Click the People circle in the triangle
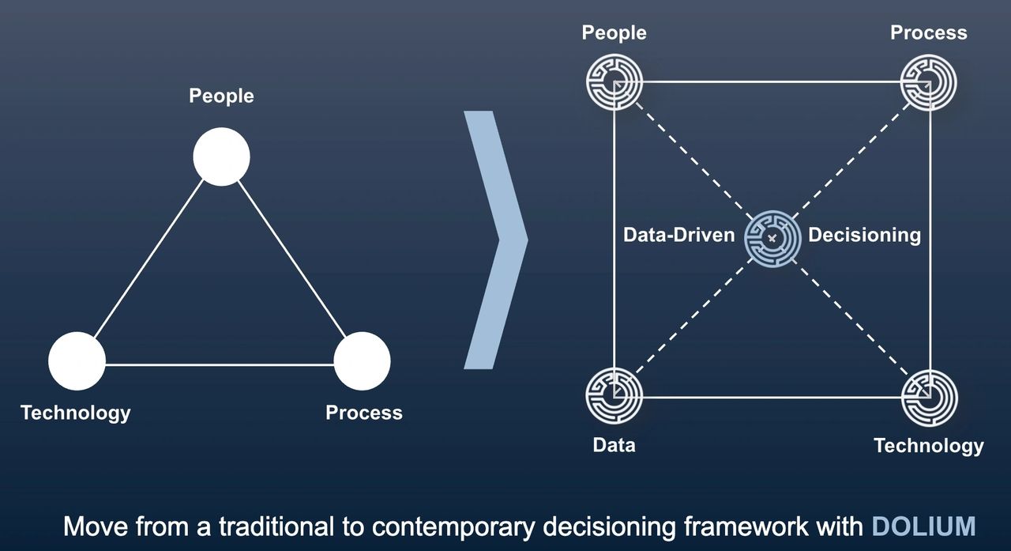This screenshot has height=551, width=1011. point(222,157)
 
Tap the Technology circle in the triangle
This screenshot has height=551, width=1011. point(77,361)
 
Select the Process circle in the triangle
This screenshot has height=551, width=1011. point(362,361)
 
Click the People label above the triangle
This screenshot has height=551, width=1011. point(221,96)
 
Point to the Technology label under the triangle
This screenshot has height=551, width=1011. point(76,413)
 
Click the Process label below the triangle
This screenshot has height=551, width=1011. point(364,413)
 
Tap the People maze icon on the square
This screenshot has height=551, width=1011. point(614,81)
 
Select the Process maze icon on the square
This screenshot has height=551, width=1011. point(930,81)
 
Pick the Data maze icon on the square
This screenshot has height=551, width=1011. point(614,396)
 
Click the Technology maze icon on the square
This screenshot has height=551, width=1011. point(930,396)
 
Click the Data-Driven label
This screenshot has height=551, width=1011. point(679,236)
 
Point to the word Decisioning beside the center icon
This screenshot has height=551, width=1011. point(864,236)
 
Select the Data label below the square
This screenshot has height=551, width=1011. point(614,445)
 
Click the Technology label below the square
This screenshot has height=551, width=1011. point(929,446)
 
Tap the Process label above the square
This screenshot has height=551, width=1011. point(929,33)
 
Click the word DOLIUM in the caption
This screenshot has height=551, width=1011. point(923,526)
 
